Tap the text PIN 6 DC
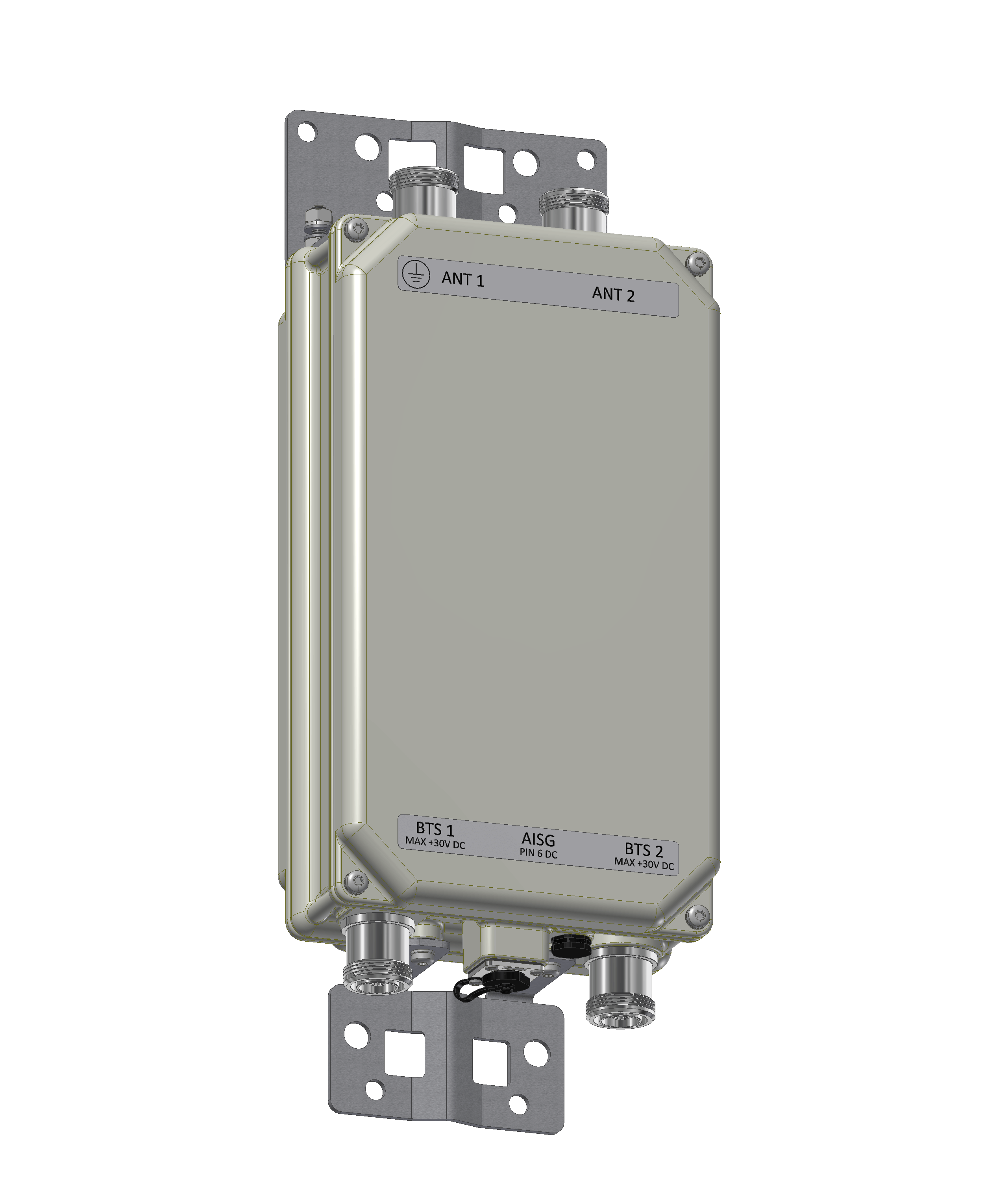(538, 854)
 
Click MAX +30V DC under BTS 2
(644, 864)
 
